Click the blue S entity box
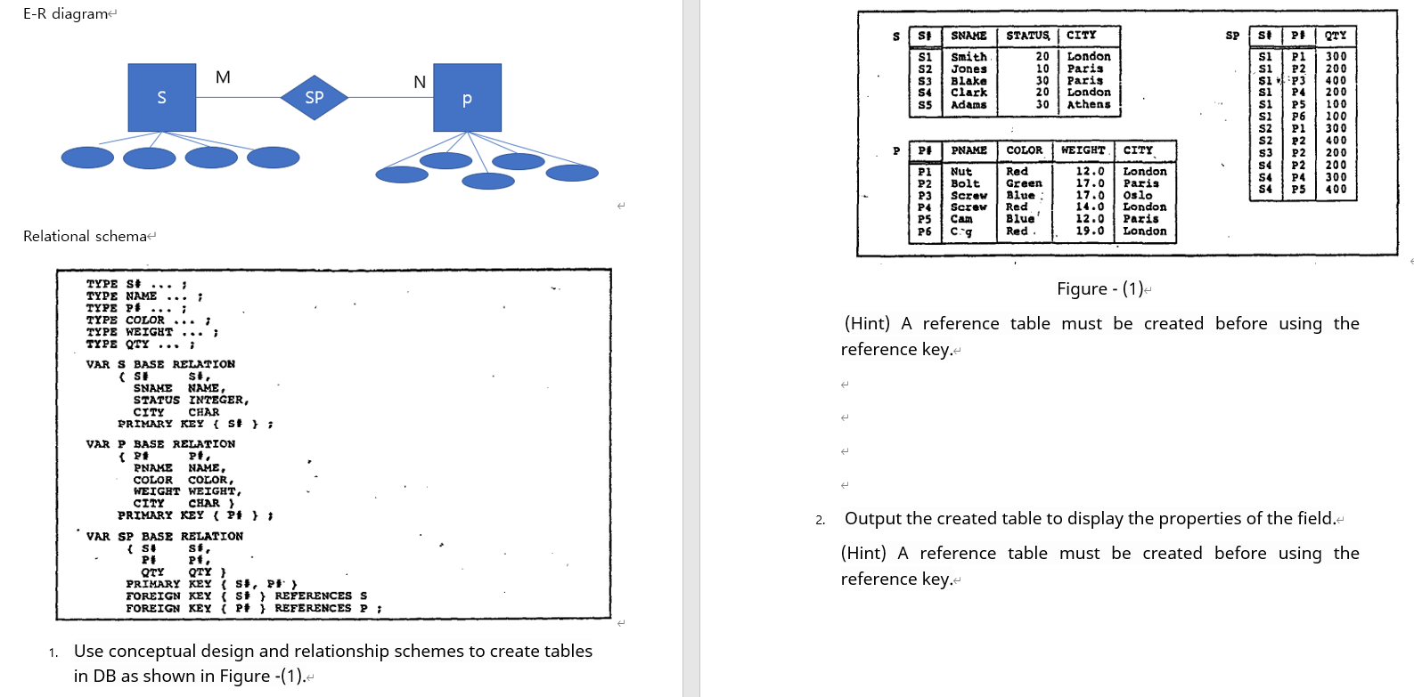(x=161, y=97)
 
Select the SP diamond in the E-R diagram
(x=314, y=97)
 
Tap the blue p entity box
(x=467, y=98)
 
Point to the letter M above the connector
(x=223, y=77)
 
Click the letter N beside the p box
(x=420, y=82)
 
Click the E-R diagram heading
(x=67, y=14)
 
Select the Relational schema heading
(x=86, y=236)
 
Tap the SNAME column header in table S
(x=969, y=36)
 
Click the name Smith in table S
(x=969, y=57)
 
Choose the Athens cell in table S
(x=1089, y=105)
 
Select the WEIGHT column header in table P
(x=1083, y=150)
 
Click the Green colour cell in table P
(x=1024, y=183)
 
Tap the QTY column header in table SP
(x=1336, y=36)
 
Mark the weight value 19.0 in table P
(x=1090, y=231)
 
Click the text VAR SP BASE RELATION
(x=165, y=537)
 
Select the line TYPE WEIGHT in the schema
(x=151, y=332)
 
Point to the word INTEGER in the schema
(x=218, y=400)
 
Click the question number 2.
(x=820, y=520)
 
